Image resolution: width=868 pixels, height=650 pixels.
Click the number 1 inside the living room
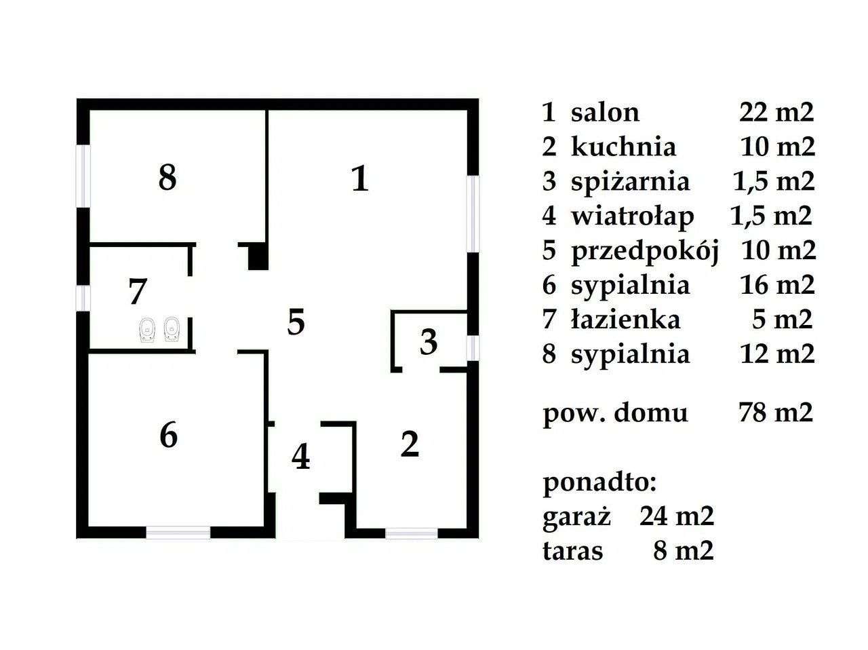[361, 180]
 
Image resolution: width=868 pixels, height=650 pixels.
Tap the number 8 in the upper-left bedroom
[167, 178]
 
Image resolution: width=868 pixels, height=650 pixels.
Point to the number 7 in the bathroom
[138, 292]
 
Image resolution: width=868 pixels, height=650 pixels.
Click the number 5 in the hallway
[296, 322]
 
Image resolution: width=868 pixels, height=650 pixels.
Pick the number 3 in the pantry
[429, 343]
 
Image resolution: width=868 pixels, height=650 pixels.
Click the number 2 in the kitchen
[410, 444]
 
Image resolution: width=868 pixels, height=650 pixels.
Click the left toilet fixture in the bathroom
[146, 328]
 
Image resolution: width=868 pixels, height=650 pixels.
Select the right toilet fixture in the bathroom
[172, 328]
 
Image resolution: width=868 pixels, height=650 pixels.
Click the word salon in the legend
[605, 112]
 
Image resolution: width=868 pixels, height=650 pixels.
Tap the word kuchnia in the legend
[623, 147]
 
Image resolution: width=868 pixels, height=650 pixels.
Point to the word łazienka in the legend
[625, 319]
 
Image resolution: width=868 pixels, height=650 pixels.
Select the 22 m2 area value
[776, 112]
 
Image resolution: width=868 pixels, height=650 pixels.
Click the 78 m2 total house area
[775, 412]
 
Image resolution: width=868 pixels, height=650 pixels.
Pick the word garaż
[577, 516]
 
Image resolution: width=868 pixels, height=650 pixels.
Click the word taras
[572, 551]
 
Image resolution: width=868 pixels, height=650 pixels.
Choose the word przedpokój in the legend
[644, 250]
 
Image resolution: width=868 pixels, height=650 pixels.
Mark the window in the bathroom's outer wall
[83, 297]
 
